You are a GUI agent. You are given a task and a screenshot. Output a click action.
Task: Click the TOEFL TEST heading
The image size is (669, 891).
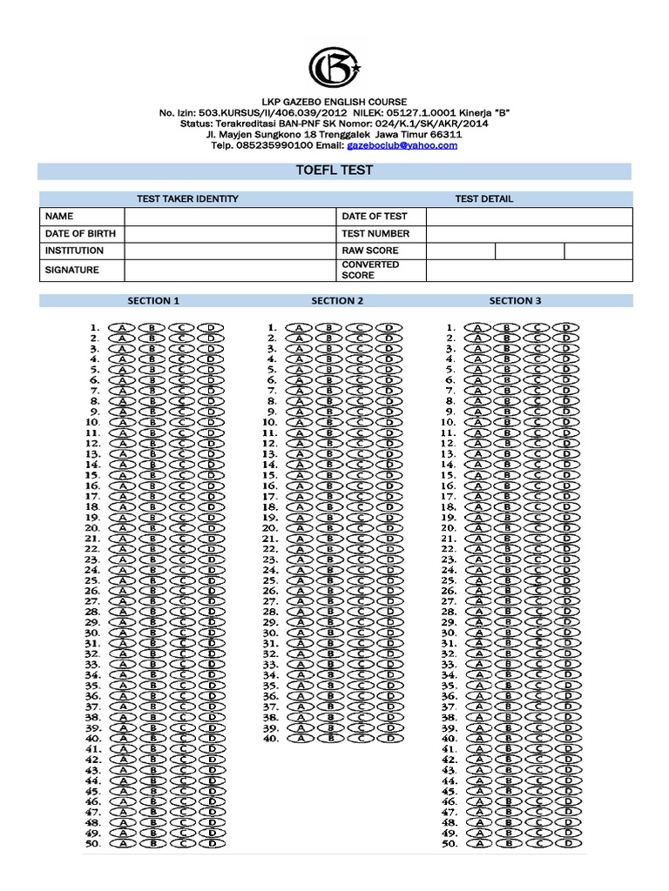coord(335,171)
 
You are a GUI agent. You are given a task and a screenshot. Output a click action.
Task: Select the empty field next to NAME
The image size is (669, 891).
coord(229,216)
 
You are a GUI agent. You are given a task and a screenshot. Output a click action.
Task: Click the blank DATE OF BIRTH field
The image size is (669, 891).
coord(229,233)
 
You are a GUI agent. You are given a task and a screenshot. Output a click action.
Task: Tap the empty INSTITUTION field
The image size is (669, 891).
coord(229,251)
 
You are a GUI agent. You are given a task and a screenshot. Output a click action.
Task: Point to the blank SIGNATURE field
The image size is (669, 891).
coord(229,270)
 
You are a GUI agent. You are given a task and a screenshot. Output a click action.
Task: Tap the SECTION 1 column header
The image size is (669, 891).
coord(154,301)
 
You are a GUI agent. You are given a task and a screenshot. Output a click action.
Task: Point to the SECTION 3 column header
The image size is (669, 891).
coord(515,301)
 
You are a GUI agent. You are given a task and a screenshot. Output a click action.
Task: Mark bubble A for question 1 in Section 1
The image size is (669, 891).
coord(123,328)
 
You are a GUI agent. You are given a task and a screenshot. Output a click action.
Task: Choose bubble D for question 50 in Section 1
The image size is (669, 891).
coord(210,843)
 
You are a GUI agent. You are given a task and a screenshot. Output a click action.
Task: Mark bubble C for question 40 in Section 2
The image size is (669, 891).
coord(359,738)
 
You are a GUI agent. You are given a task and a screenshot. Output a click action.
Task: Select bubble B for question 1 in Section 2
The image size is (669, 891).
coord(329,328)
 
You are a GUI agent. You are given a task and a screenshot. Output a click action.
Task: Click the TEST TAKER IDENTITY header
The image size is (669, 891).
coord(187,198)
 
